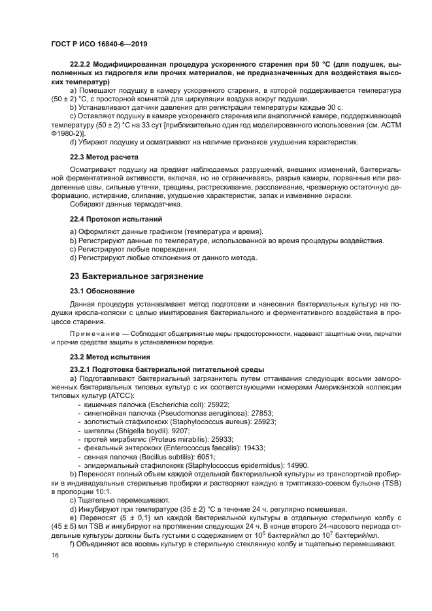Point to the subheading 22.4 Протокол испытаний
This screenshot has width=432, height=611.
point(115,218)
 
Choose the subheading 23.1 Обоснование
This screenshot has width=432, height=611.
point(102,291)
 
